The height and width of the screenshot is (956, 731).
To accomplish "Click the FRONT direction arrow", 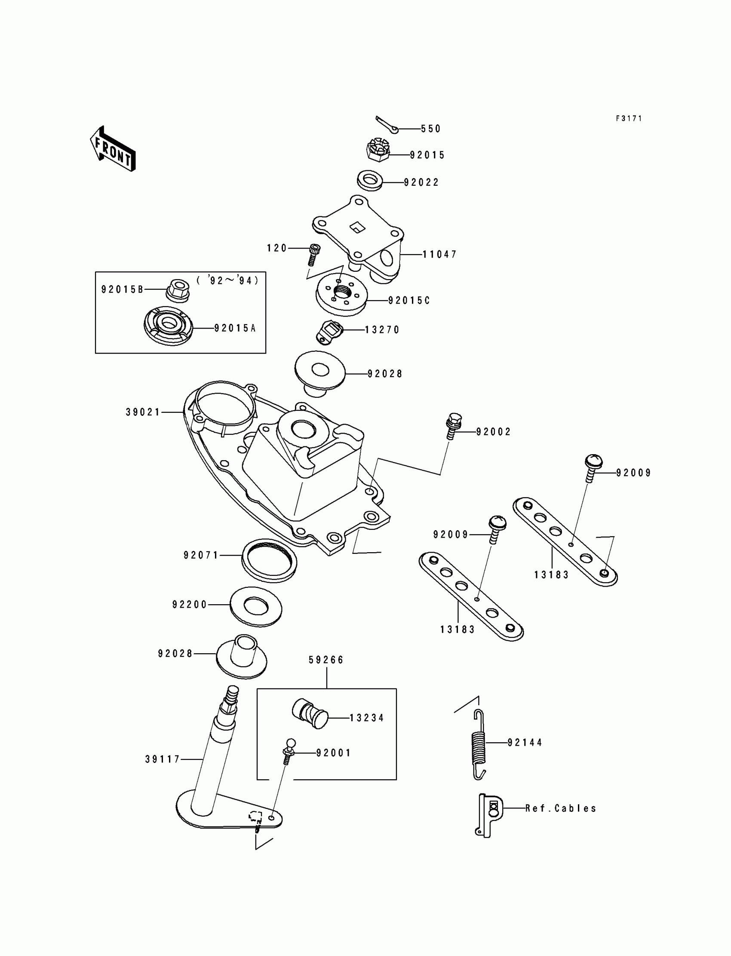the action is (113, 149).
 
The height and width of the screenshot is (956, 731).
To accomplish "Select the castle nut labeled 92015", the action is (378, 151).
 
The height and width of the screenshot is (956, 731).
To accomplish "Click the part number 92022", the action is (421, 182).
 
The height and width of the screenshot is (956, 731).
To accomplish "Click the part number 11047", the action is (439, 254).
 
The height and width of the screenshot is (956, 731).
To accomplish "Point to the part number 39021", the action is (143, 412).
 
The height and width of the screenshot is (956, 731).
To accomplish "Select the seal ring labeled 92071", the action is (269, 560).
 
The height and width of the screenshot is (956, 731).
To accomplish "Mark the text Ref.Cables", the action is (560, 808).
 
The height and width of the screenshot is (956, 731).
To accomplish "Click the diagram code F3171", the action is (629, 118).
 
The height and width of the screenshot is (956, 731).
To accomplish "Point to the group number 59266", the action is (326, 660).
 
